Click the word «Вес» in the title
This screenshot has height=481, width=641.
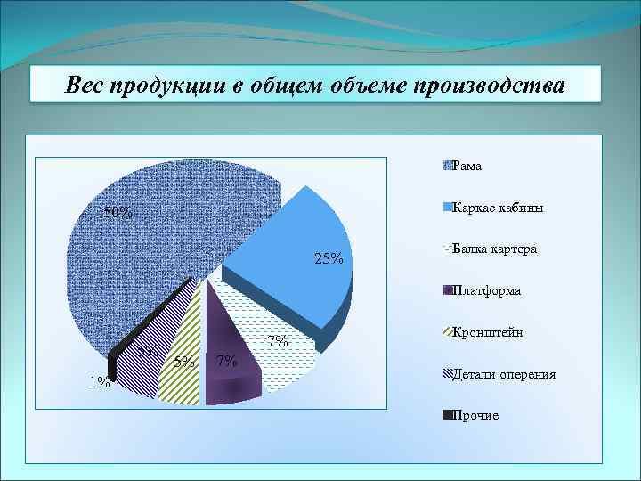pyautogui.click(x=86, y=86)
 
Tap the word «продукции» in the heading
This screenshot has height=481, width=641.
pyautogui.click(x=174, y=86)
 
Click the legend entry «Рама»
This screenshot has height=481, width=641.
pyautogui.click(x=467, y=166)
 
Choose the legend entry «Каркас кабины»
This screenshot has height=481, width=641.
pyautogui.click(x=498, y=208)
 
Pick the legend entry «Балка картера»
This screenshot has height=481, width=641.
pyautogui.click(x=494, y=249)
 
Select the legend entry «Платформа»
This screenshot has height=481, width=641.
pyautogui.click(x=486, y=290)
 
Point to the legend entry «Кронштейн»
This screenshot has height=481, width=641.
pyautogui.click(x=487, y=332)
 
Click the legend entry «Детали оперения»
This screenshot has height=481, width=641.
pyautogui.click(x=504, y=374)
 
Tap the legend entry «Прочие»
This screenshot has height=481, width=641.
pyautogui.click(x=475, y=415)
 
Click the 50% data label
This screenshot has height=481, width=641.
pyautogui.click(x=118, y=213)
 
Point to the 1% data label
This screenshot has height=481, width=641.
pyautogui.click(x=100, y=383)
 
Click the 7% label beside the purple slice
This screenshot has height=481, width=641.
pyautogui.click(x=226, y=361)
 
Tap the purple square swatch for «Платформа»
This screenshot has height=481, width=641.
pyautogui.click(x=447, y=290)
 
